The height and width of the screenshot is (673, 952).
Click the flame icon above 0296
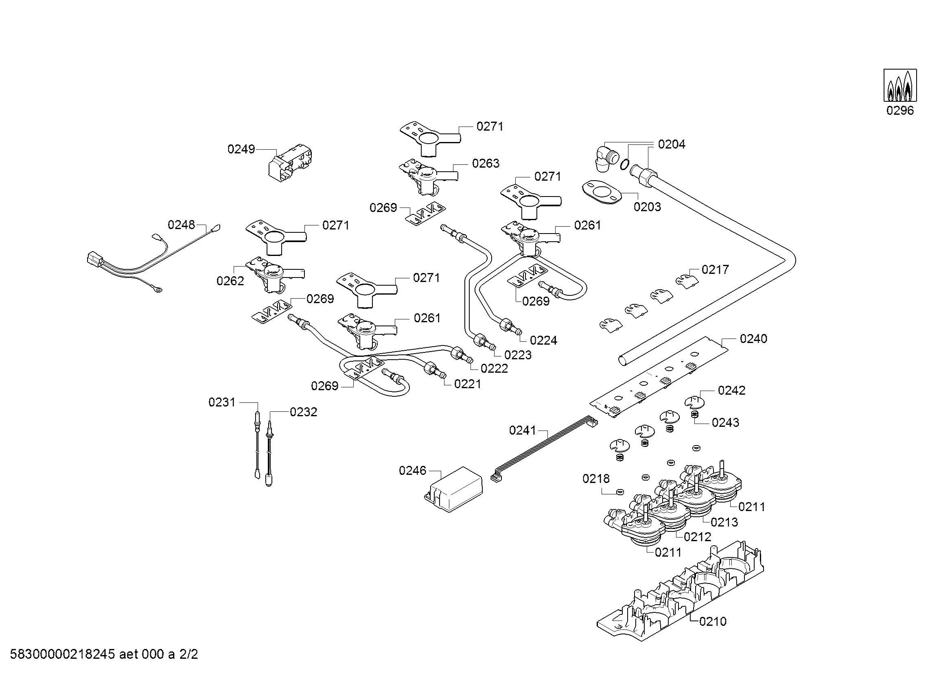coord(900,85)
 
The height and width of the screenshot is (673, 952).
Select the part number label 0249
coord(241,149)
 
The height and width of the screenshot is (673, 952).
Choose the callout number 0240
coord(753,339)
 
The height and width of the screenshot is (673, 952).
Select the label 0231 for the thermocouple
coord(222,402)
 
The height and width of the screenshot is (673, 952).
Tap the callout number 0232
coord(304,412)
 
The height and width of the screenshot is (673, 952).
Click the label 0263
coord(486,163)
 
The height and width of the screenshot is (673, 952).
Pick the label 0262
coord(230,281)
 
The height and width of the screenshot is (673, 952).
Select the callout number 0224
coord(544,340)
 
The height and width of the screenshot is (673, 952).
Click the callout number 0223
coord(518,355)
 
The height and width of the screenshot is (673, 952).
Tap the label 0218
coord(596,479)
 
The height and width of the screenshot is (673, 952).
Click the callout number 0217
coord(715,270)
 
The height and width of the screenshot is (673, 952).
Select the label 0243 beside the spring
coord(725,422)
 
